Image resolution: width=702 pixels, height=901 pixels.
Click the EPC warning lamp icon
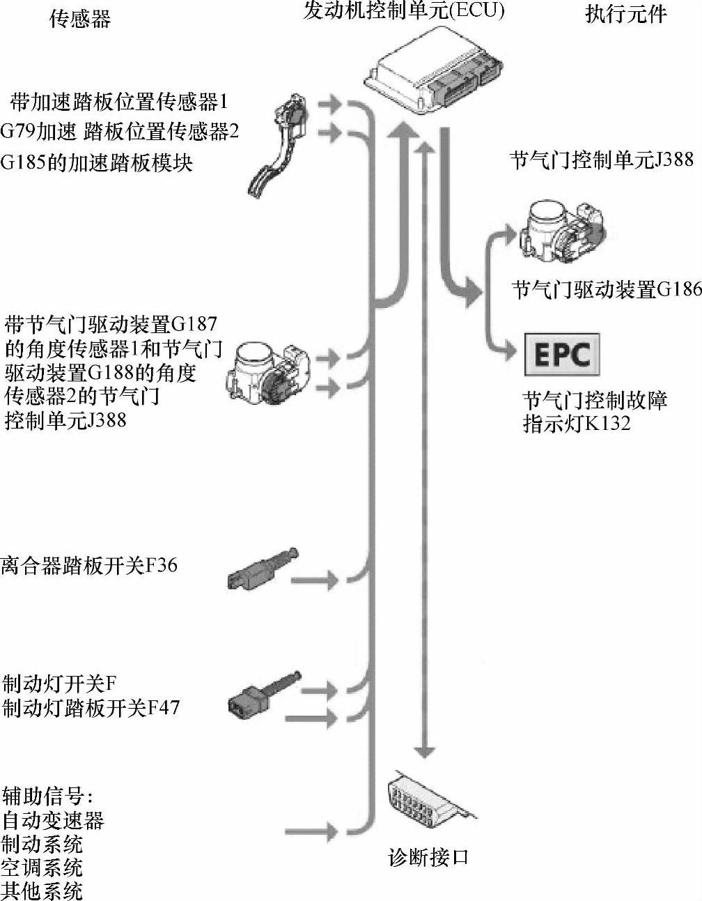(561, 354)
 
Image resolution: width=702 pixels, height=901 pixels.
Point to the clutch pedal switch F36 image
(262, 570)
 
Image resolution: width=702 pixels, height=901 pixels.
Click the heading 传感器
(79, 18)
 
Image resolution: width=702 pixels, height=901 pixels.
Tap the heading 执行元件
(625, 14)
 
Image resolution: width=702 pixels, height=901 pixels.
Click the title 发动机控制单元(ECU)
(403, 10)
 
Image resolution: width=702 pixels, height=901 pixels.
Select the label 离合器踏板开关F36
(89, 564)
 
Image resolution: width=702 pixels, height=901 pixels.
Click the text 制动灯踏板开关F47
(91, 708)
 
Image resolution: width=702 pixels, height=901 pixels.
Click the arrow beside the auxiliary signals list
(313, 831)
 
